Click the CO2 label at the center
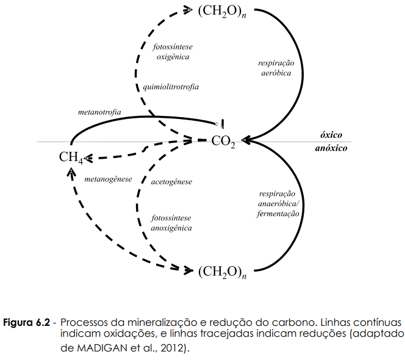(x=223, y=141)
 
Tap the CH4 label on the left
(x=71, y=157)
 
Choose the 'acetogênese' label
(x=171, y=182)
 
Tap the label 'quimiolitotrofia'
(x=171, y=87)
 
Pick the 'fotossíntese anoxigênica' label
(x=171, y=223)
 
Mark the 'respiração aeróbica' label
(x=276, y=68)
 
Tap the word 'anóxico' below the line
(x=332, y=148)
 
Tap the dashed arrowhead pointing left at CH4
(x=88, y=159)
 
